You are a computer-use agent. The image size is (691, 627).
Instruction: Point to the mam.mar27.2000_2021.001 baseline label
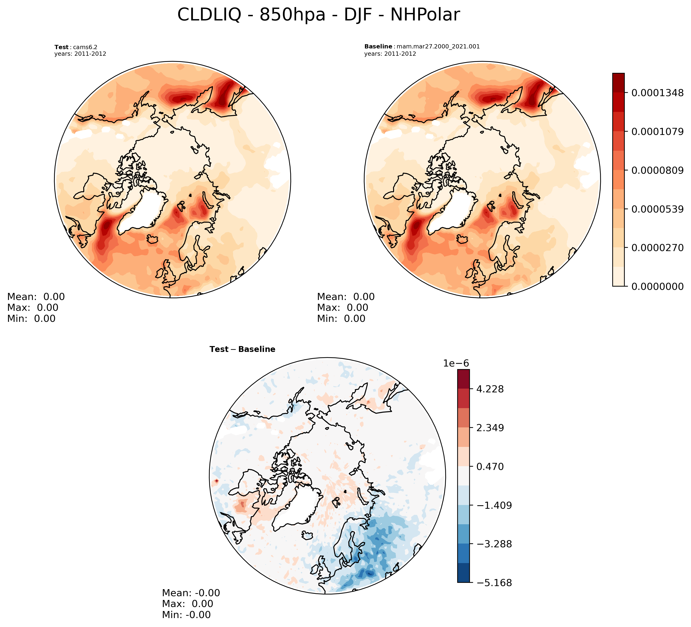coord(438,46)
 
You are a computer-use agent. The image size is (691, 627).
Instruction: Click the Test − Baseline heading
coord(242,349)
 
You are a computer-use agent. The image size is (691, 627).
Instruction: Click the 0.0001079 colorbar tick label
coord(657,131)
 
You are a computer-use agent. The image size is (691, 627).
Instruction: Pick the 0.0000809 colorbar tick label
coord(657,170)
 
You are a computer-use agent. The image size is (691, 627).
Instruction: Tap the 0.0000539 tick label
coord(657,209)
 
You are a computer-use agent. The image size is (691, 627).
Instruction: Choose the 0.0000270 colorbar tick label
coord(657,248)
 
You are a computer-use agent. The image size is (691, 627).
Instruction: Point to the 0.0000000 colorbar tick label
coord(657,286)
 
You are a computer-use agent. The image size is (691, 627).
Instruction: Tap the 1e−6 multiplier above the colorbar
coord(456,363)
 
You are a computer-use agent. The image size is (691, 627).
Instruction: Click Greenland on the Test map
coord(141,213)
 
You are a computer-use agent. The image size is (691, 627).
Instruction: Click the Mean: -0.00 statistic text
coord(191,593)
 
